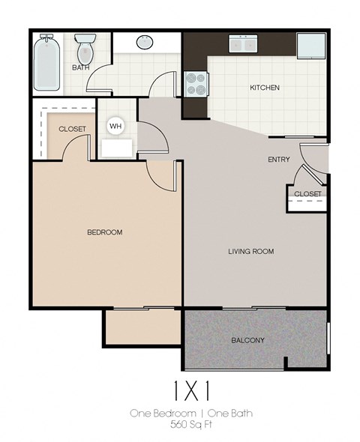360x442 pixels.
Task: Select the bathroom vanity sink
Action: (144, 43)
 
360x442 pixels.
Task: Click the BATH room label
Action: (80, 68)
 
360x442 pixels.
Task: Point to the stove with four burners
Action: (196, 83)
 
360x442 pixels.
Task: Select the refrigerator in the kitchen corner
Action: (311, 45)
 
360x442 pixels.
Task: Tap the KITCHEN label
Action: (264, 88)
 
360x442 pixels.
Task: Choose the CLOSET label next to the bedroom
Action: (72, 129)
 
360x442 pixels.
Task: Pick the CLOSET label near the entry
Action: (307, 194)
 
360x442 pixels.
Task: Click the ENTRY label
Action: (280, 160)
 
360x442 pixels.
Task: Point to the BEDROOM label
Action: (104, 232)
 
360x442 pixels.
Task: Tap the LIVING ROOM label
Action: (250, 252)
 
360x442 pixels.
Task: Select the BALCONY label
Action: (247, 340)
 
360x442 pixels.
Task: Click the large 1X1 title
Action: (179, 390)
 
